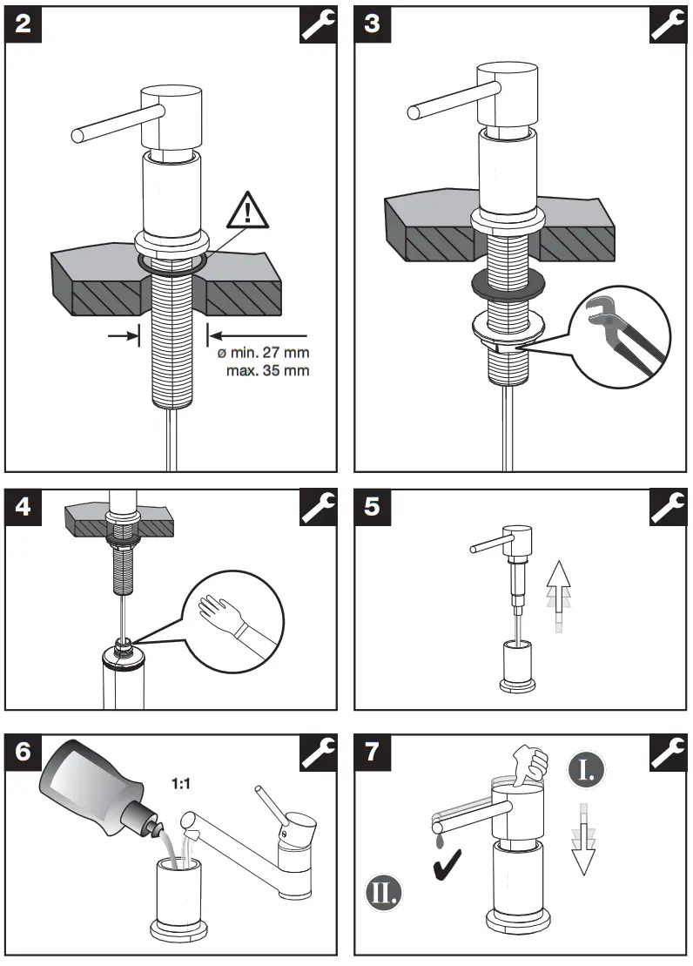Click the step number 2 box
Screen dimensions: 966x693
(24, 24)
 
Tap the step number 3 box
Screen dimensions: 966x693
(373, 24)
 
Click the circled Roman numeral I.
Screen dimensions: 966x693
(588, 769)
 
